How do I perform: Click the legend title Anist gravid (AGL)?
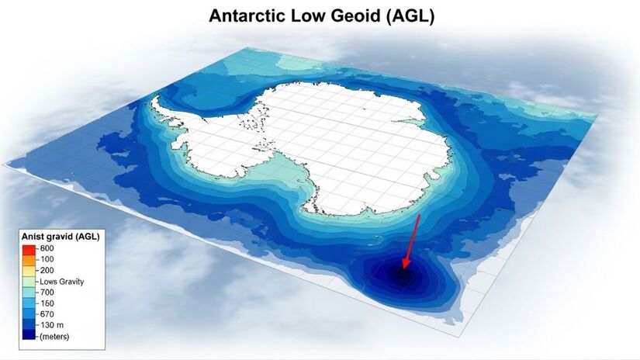pyautogui.click(x=61, y=236)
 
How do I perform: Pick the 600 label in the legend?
pyautogui.click(x=47, y=248)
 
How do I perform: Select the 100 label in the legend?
pyautogui.click(x=47, y=259)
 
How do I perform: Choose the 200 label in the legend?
pyautogui.click(x=47, y=270)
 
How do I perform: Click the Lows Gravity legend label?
pyautogui.click(x=61, y=281)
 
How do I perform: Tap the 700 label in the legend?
pyautogui.click(x=47, y=292)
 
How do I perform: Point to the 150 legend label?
pyautogui.click(x=47, y=303)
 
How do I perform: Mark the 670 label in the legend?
pyautogui.click(x=47, y=313)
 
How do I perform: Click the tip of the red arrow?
pyautogui.click(x=403, y=269)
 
